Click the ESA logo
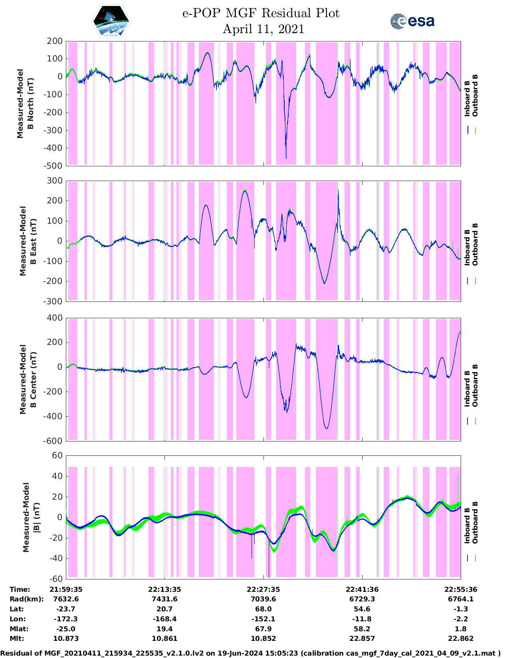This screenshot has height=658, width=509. pyautogui.click(x=412, y=21)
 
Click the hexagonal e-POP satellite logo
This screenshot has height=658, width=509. pyautogui.click(x=111, y=21)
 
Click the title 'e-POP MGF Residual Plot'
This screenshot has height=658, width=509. pyautogui.click(x=261, y=13)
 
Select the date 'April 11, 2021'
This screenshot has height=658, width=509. pyautogui.click(x=263, y=29)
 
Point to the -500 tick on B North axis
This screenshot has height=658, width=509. pyautogui.click(x=55, y=165)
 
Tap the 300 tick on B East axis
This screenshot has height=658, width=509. pyautogui.click(x=55, y=181)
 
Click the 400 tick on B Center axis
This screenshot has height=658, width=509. pyautogui.click(x=55, y=318)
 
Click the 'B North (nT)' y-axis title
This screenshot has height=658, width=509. pyautogui.click(x=30, y=104)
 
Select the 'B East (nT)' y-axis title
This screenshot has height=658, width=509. pyautogui.click(x=33, y=241)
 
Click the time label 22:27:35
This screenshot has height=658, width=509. pyautogui.click(x=263, y=589)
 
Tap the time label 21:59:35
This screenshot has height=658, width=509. pyautogui.click(x=66, y=589)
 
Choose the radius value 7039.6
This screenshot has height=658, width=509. pyautogui.click(x=263, y=599)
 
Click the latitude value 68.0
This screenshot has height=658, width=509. pyautogui.click(x=263, y=609)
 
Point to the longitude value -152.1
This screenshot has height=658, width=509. pyautogui.click(x=263, y=619)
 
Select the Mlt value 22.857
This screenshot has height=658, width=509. pyautogui.click(x=362, y=638)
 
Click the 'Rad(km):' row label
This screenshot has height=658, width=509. pyautogui.click(x=27, y=599)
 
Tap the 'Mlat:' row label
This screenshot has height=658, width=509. pyautogui.click(x=18, y=629)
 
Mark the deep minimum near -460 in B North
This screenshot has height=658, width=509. pyautogui.click(x=286, y=158)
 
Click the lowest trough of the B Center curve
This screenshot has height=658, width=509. pyautogui.click(x=327, y=428)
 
